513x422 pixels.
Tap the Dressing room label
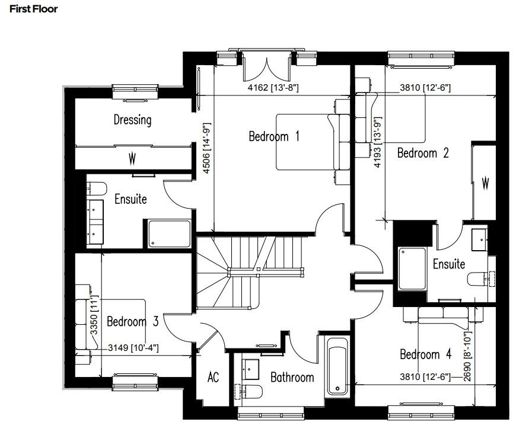pos(132,120)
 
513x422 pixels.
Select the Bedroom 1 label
pos(273,137)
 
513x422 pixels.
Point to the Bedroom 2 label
pos(422,153)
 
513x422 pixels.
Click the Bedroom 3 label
pos(132,322)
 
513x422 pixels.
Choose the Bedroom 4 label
pos(425,354)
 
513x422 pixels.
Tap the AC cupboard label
pos(212,377)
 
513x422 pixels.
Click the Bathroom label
pos(292,378)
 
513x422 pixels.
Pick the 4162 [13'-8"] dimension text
pos(272,88)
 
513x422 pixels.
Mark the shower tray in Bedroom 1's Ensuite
pos(169,234)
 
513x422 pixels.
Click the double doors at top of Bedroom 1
pos(266,66)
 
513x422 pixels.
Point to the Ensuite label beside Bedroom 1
pos(130,199)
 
